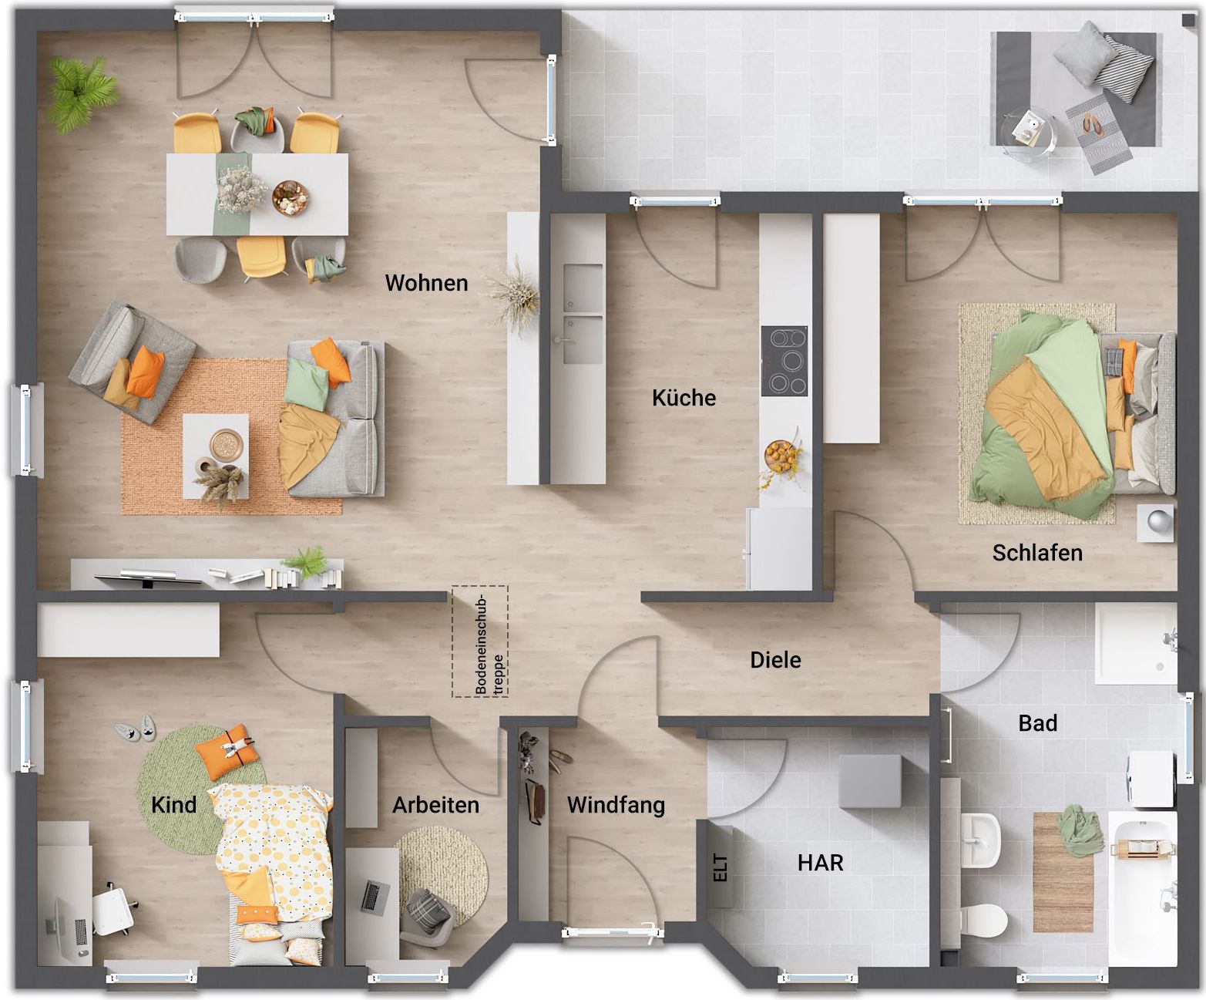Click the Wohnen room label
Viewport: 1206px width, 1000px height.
pyautogui.click(x=426, y=283)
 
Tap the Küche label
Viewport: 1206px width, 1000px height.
pyautogui.click(x=684, y=398)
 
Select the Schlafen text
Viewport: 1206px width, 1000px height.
pyautogui.click(x=1037, y=553)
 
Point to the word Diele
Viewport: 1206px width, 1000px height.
pyautogui.click(x=775, y=660)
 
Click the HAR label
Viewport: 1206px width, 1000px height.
pyautogui.click(x=820, y=863)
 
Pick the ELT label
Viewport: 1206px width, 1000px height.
pyautogui.click(x=721, y=867)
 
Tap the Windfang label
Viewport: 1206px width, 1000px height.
pyautogui.click(x=616, y=805)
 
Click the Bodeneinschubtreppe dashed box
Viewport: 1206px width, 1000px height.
pyautogui.click(x=480, y=641)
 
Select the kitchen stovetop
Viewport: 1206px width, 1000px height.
pyautogui.click(x=784, y=362)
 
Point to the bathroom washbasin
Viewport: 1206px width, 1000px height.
pyautogui.click(x=980, y=840)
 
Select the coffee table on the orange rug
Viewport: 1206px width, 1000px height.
pyautogui.click(x=216, y=456)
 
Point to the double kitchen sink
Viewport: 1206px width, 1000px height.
pyautogui.click(x=583, y=314)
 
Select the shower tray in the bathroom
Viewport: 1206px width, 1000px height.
pyautogui.click(x=1136, y=644)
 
